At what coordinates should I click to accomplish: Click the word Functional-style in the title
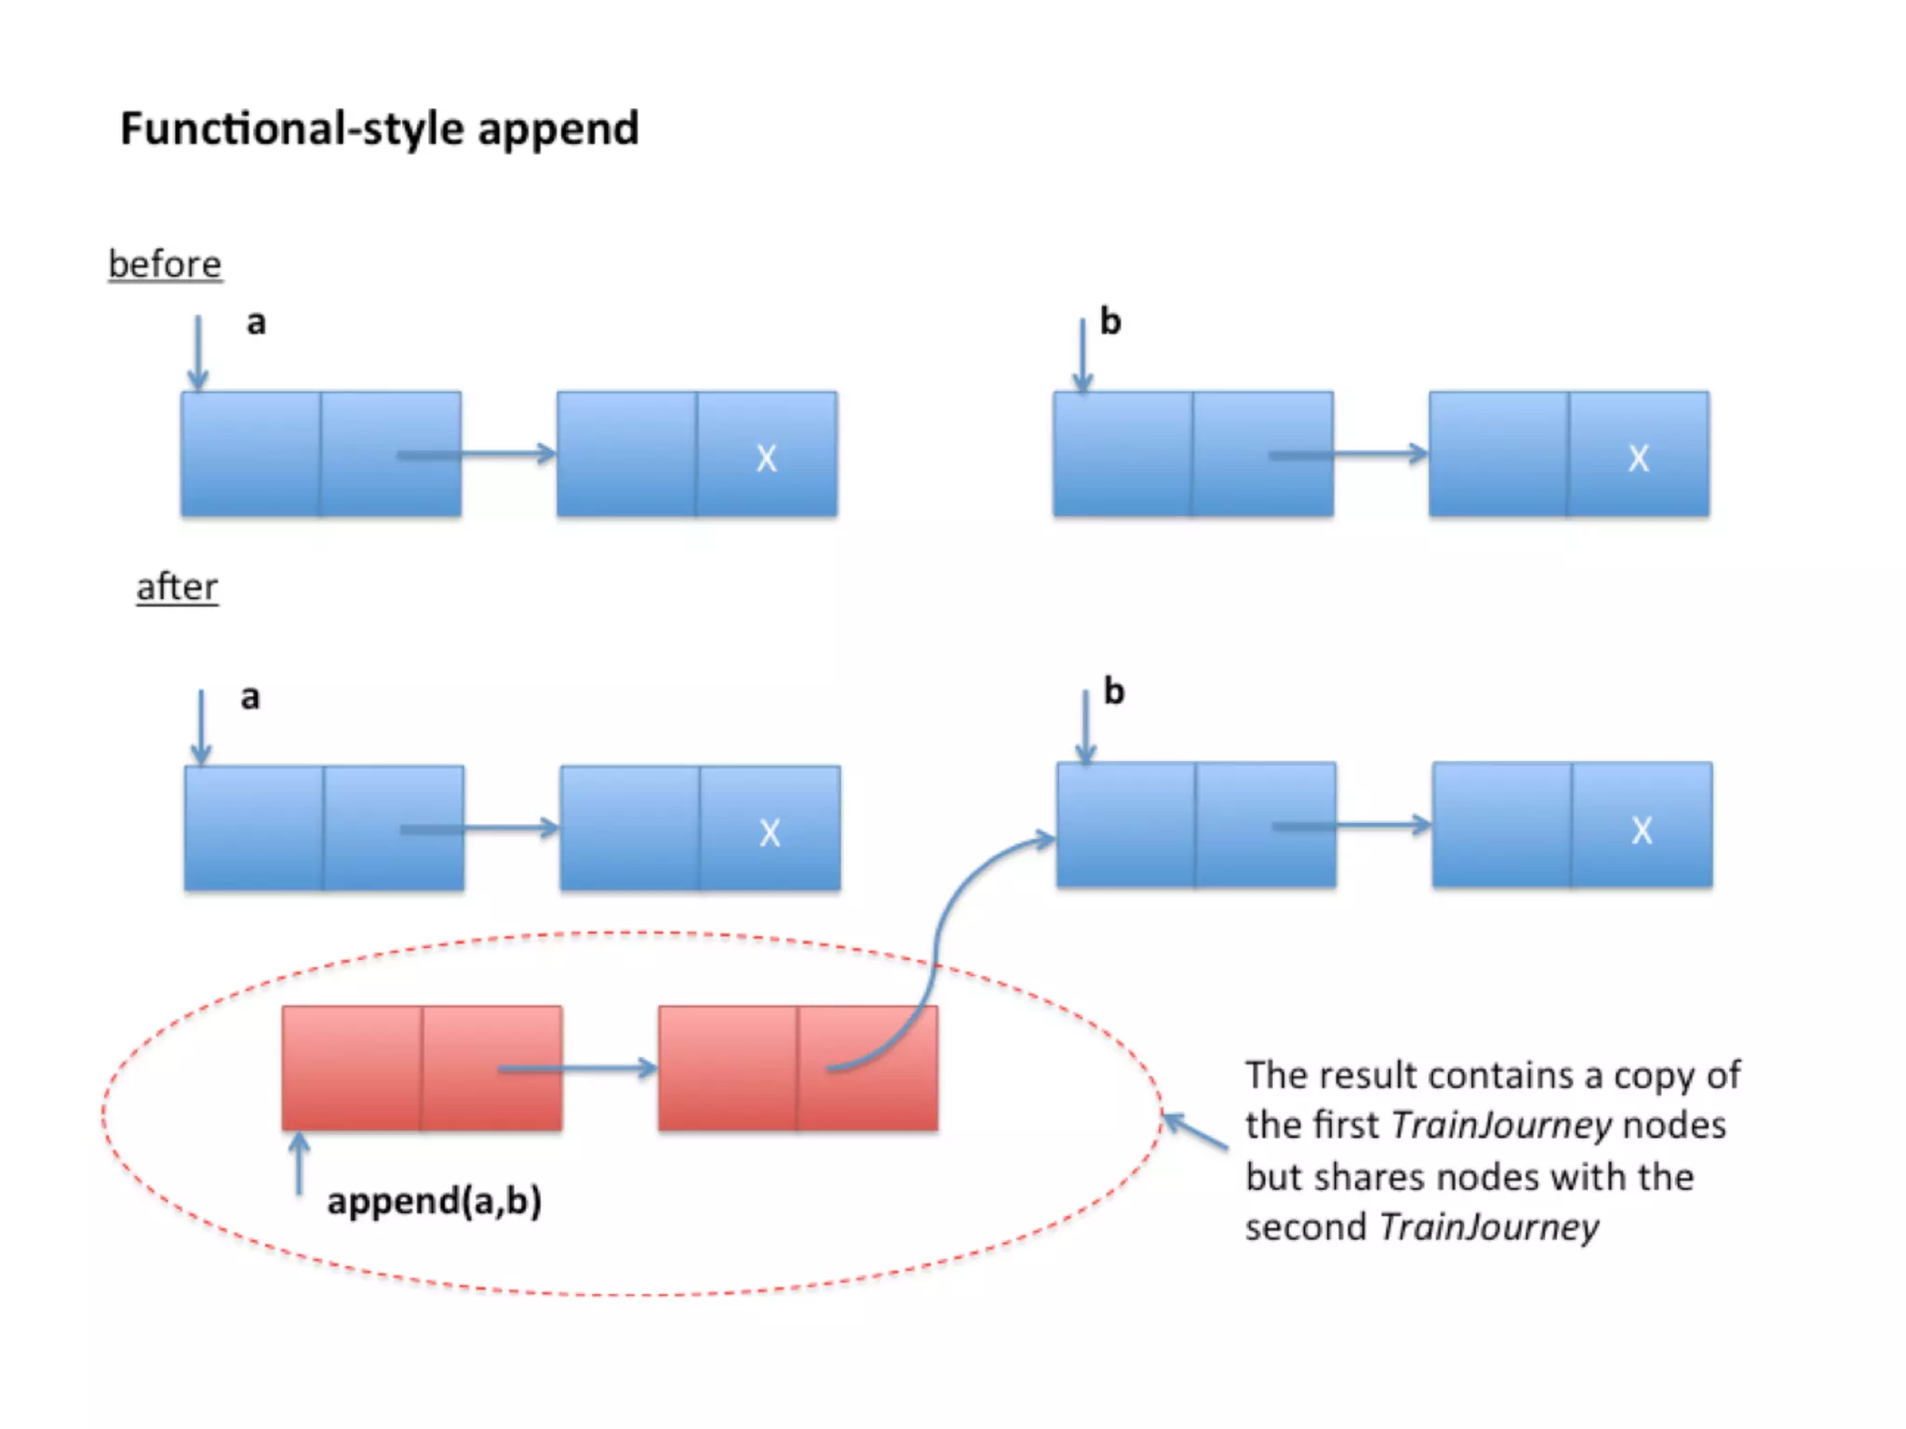pyautogui.click(x=293, y=128)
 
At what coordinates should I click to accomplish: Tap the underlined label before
pyautogui.click(x=165, y=264)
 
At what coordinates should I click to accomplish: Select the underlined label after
pyautogui.click(x=177, y=587)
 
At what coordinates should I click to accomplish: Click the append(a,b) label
pyautogui.click(x=434, y=1200)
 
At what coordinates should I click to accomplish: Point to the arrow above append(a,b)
pyautogui.click(x=299, y=1163)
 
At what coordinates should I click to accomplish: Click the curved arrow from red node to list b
pyautogui.click(x=940, y=940)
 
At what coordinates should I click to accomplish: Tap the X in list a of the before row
pyautogui.click(x=766, y=458)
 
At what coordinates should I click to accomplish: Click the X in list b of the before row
pyautogui.click(x=1638, y=458)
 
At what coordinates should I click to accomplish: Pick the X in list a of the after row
pyautogui.click(x=770, y=833)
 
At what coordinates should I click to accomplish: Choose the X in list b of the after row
pyautogui.click(x=1642, y=830)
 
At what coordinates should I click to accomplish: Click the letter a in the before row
pyautogui.click(x=256, y=323)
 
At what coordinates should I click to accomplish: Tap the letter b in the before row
pyautogui.click(x=1110, y=321)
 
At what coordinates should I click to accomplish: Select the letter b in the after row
pyautogui.click(x=1114, y=691)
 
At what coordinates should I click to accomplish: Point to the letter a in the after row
pyautogui.click(x=250, y=697)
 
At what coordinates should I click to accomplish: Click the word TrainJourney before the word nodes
pyautogui.click(x=1500, y=1126)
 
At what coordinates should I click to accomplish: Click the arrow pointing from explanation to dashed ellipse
pyautogui.click(x=1196, y=1132)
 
